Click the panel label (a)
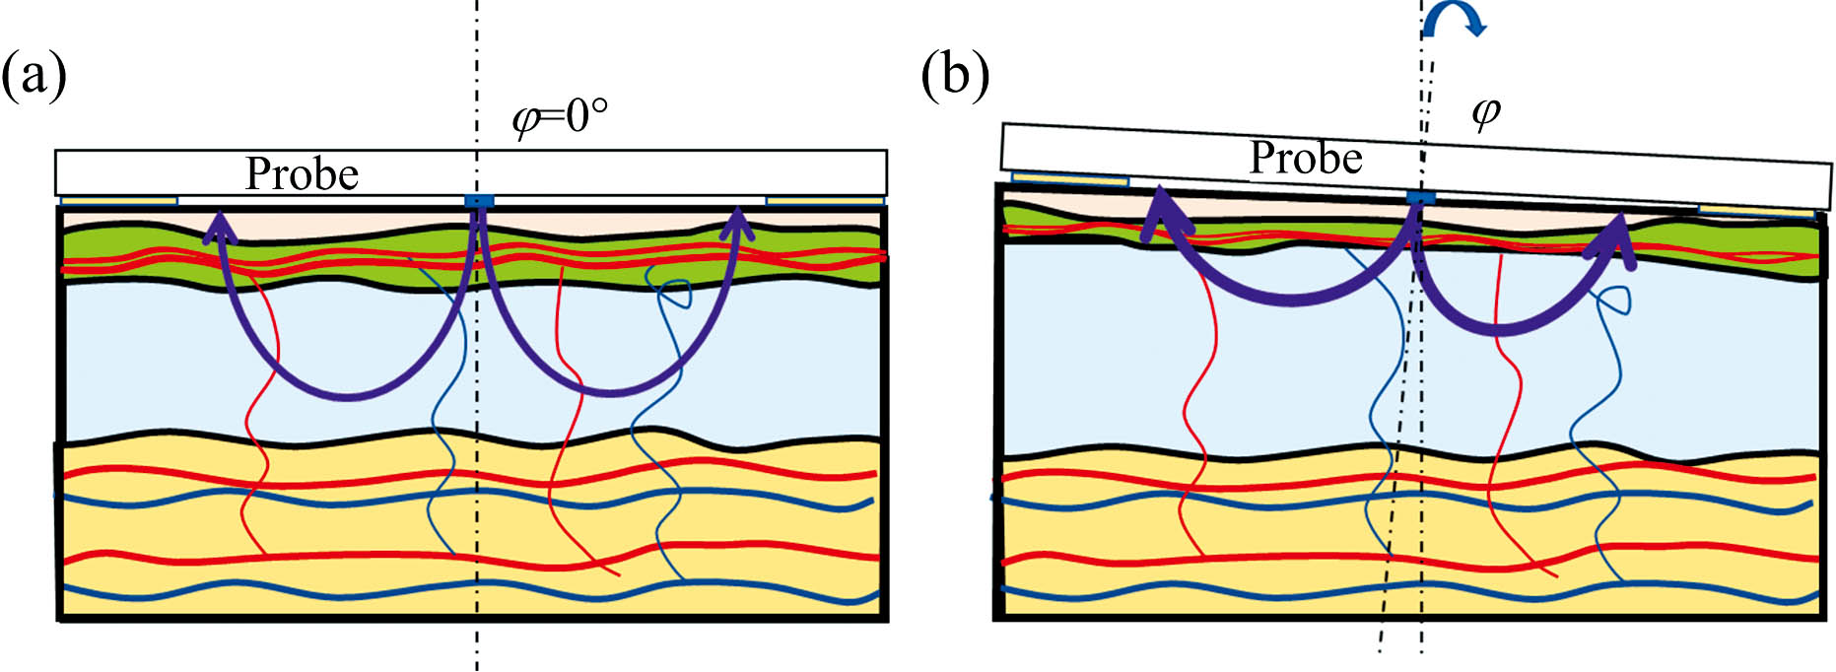[34, 77]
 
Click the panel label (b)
[954, 75]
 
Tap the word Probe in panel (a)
[302, 174]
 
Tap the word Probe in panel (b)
[1306, 158]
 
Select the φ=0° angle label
[559, 117]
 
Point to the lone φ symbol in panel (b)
[1485, 113]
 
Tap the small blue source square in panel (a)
[479, 202]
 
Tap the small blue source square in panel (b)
[1420, 198]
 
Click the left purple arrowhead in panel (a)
[220, 226]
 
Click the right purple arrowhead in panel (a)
[737, 225]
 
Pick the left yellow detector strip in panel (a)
[119, 201]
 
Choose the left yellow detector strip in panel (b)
[1070, 179]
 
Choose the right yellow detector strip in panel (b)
[1756, 211]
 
